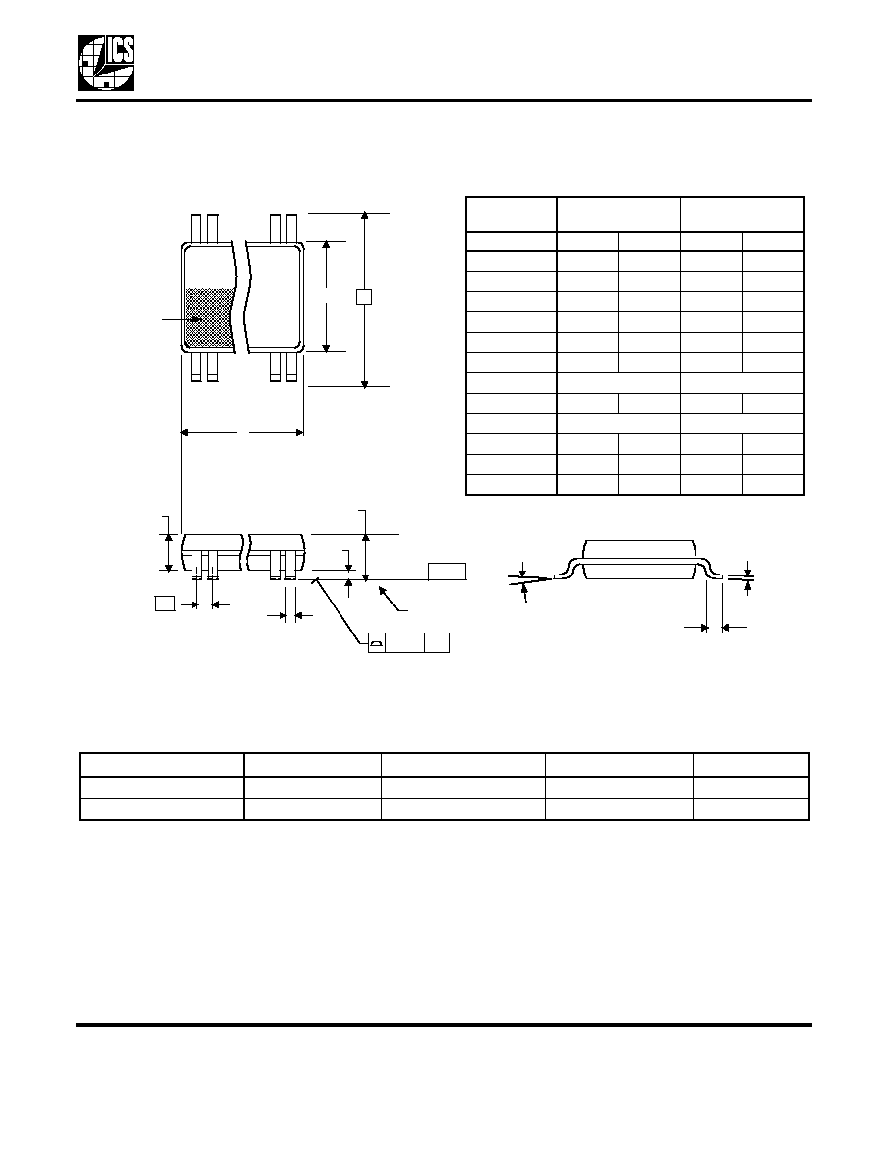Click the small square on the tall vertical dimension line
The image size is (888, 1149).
364,297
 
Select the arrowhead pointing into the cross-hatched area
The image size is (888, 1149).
197,319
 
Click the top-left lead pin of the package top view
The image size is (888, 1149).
195,227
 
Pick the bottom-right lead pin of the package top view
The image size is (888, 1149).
291,368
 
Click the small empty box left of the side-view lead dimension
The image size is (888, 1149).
164,604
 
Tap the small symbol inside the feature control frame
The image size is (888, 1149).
376,643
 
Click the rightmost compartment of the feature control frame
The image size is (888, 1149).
436,642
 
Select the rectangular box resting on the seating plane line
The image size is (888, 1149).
447,572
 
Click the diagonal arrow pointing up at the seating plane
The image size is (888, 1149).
393,598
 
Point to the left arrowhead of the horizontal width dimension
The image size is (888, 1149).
186,433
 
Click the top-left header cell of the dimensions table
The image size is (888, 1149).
512,215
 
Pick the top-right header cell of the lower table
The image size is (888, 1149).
751,764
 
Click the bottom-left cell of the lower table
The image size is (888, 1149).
162,809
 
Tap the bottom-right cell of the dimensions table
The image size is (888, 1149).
773,485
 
